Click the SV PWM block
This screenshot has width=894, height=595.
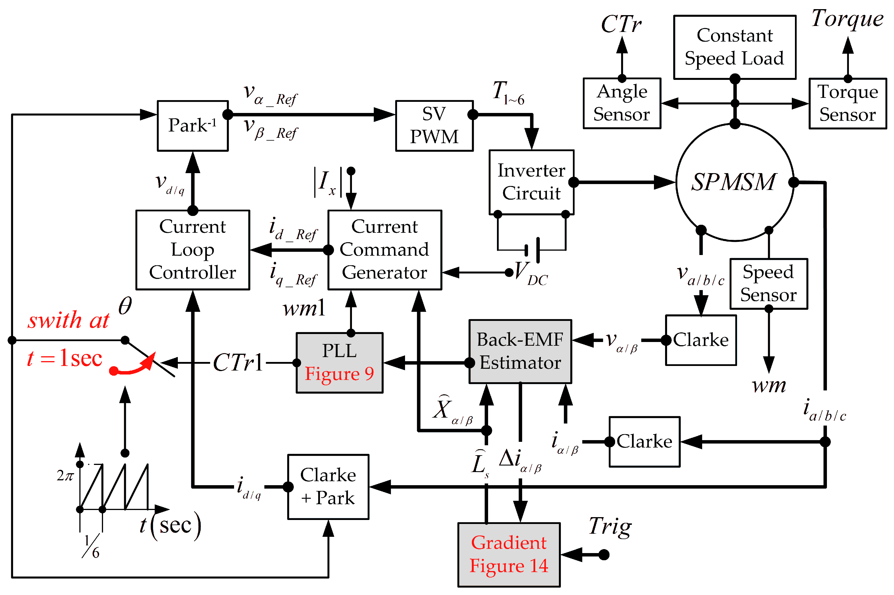[434, 126]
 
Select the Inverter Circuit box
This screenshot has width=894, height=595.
[531, 182]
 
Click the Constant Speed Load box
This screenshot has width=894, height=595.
[734, 47]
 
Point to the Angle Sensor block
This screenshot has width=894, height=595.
[621, 103]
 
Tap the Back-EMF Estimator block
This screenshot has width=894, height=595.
[520, 351]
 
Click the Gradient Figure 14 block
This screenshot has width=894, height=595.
[509, 554]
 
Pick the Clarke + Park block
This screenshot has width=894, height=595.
[328, 487]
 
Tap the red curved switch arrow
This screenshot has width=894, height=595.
[133, 366]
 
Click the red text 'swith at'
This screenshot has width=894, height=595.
[68, 320]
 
